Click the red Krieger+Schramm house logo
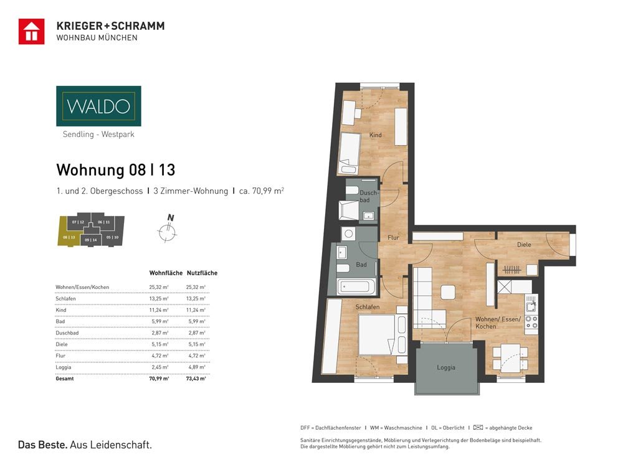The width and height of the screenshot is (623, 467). point(31,32)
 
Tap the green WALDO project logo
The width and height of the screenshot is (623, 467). point(98,106)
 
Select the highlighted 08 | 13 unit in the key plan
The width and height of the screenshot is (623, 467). point(70,236)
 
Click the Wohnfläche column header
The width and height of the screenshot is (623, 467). point(166,273)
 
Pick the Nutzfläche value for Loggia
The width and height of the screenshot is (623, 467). point(196,367)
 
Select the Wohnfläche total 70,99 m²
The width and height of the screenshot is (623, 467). point(159,378)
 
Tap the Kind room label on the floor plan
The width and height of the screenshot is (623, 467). point(375,135)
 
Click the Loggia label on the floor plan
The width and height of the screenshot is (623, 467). point(445,367)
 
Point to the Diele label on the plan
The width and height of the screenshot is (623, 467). point(524,245)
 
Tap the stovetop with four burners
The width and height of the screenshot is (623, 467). point(531,322)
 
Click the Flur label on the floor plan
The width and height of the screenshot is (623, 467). point(393,237)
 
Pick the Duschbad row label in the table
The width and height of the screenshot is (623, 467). point(68,333)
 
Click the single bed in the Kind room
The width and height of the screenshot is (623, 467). point(350,153)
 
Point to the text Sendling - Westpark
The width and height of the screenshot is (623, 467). point(98,134)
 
